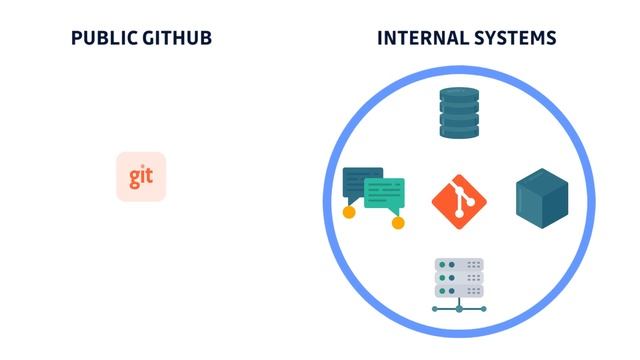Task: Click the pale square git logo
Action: point(141,177)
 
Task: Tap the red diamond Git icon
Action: point(460,198)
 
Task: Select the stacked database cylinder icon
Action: point(460,113)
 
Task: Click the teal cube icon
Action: point(542,196)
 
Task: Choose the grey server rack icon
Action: point(459,277)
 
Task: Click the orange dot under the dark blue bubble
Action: point(349,212)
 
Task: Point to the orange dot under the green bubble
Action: point(398,222)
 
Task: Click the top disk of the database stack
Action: point(460,95)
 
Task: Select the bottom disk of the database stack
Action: point(460,131)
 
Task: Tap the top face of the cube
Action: point(542,180)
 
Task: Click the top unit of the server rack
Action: point(459,265)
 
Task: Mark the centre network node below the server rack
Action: point(459,308)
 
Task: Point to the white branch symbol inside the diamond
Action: point(460,198)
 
